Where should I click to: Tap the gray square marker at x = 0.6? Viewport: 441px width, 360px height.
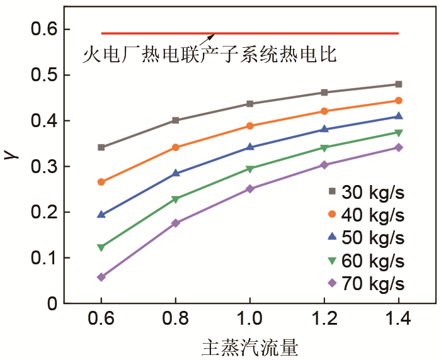pyautogui.click(x=101, y=147)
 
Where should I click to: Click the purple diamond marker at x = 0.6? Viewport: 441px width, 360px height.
pyautogui.click(x=101, y=277)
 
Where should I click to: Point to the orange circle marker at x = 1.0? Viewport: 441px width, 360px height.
pyautogui.click(x=250, y=126)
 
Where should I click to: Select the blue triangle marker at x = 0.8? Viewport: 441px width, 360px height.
pyautogui.click(x=176, y=173)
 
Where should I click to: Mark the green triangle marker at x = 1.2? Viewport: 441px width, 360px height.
pyautogui.click(x=324, y=149)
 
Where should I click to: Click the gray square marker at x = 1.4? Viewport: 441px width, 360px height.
pyautogui.click(x=399, y=84)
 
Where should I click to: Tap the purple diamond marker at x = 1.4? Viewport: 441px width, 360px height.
pyautogui.click(x=399, y=147)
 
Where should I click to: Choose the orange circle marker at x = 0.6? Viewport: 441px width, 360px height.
pyautogui.click(x=101, y=182)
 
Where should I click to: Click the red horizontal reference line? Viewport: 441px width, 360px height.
pyautogui.click(x=283, y=33)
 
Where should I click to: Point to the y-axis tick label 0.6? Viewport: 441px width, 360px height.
pyautogui.click(x=43, y=30)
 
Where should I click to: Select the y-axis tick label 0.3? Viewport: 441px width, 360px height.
pyautogui.click(x=43, y=167)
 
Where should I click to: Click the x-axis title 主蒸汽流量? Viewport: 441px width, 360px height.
pyautogui.click(x=250, y=347)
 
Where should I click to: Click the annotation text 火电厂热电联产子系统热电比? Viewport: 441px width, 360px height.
pyautogui.click(x=210, y=55)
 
